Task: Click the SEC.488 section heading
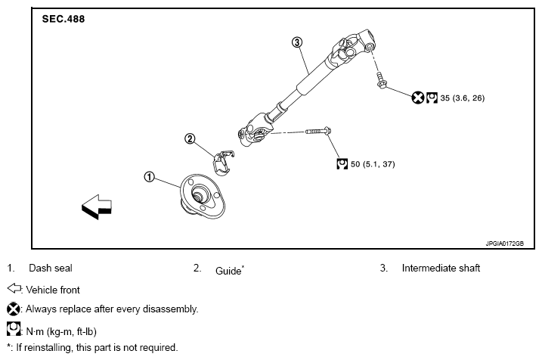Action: [x=63, y=19]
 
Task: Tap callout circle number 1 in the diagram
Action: [x=149, y=177]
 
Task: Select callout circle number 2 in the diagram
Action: [x=190, y=138]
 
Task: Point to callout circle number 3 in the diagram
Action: [x=297, y=42]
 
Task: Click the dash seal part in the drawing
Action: [x=203, y=197]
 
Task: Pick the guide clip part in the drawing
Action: [x=223, y=162]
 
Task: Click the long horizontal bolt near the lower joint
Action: [x=318, y=131]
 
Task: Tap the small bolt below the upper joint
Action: [x=381, y=80]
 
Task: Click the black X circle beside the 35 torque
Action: [x=418, y=98]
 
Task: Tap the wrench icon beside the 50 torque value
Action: [x=342, y=164]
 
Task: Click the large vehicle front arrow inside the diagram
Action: [x=97, y=206]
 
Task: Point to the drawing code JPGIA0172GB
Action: [x=504, y=244]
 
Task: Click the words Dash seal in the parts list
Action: [x=51, y=268]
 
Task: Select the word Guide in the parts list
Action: [x=228, y=271]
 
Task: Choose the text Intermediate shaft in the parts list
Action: [x=441, y=268]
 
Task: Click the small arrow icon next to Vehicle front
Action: [x=14, y=288]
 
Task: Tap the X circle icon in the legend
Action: [x=14, y=309]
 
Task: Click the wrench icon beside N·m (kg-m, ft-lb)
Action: [x=14, y=329]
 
